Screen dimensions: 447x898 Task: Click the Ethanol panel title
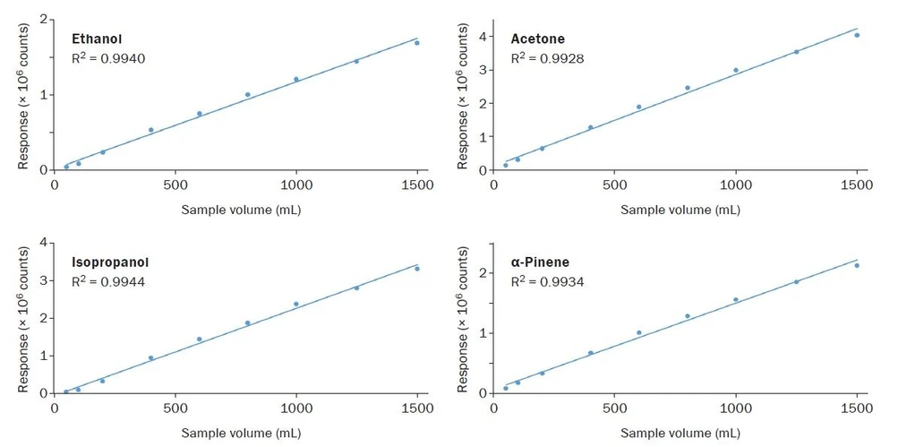[97, 39]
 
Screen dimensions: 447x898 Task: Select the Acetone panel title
[537, 39]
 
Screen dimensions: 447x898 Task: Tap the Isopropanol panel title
[110, 262]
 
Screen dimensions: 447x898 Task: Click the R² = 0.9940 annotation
[108, 58]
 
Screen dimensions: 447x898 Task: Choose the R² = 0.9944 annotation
[108, 282]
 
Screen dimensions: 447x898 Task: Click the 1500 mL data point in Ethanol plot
[416, 43]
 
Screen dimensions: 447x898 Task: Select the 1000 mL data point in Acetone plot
[736, 70]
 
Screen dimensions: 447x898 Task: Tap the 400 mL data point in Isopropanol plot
[150, 357]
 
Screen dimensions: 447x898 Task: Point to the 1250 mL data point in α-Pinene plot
[796, 281]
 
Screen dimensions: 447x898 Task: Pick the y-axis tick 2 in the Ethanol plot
[43, 20]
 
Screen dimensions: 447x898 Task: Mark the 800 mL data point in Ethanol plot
[247, 94]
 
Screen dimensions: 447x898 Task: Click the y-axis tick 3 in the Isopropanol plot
[43, 280]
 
